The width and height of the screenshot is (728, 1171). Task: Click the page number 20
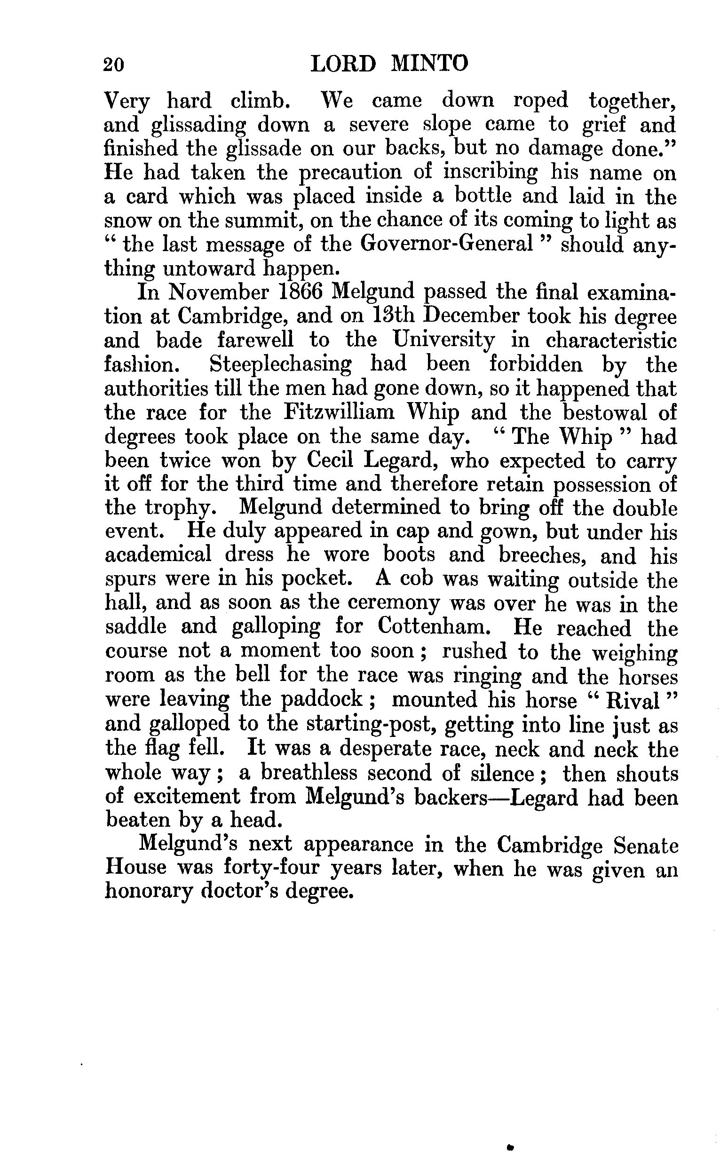tap(114, 64)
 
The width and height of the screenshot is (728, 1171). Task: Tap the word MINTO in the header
tap(429, 64)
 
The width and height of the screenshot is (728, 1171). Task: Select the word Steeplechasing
tap(281, 364)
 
